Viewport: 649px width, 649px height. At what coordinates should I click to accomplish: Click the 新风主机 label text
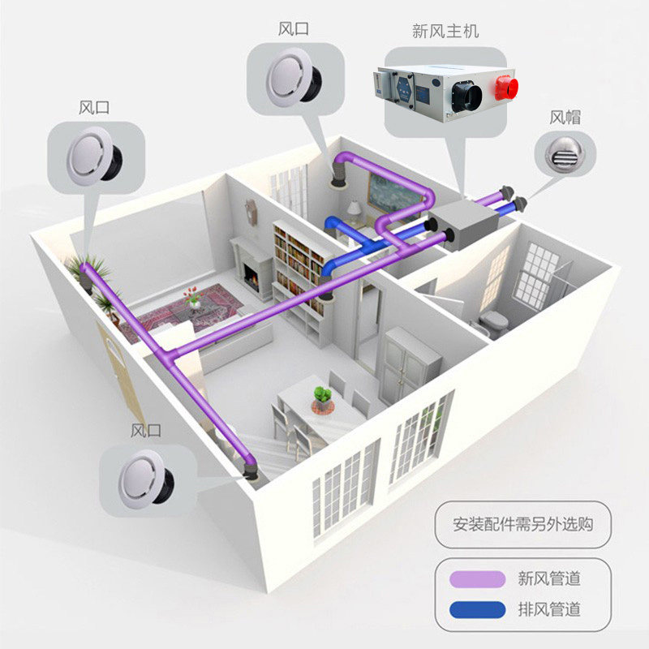click(x=445, y=32)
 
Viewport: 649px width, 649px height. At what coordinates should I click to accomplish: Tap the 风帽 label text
click(x=565, y=117)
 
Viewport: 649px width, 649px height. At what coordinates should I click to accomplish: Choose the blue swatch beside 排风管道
click(x=476, y=608)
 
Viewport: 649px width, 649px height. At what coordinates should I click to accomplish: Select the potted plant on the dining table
click(x=323, y=395)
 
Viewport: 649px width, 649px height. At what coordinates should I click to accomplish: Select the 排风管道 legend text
click(x=550, y=608)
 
